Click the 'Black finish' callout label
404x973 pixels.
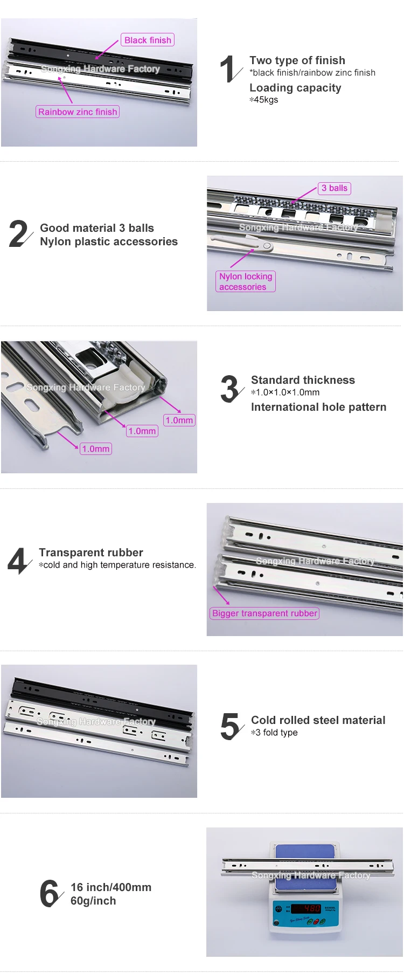coord(148,40)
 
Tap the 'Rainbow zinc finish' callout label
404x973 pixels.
coord(78,112)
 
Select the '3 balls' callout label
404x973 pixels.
coord(335,188)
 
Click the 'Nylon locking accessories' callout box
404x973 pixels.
coord(246,281)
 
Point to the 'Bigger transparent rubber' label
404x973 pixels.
coord(264,613)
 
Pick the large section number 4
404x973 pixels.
coord(18,561)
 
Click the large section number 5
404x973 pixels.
coord(231,726)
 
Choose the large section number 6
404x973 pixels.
coord(50,893)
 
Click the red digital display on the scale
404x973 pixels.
coord(307,908)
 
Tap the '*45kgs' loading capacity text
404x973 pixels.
coord(264,100)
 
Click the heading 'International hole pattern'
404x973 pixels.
coord(318,407)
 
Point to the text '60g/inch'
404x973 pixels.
coord(93,901)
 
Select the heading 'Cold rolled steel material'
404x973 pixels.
coord(318,720)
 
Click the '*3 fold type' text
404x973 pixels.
coord(274,733)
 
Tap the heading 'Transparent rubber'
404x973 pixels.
coord(91,553)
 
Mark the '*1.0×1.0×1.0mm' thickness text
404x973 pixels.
coord(285,392)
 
